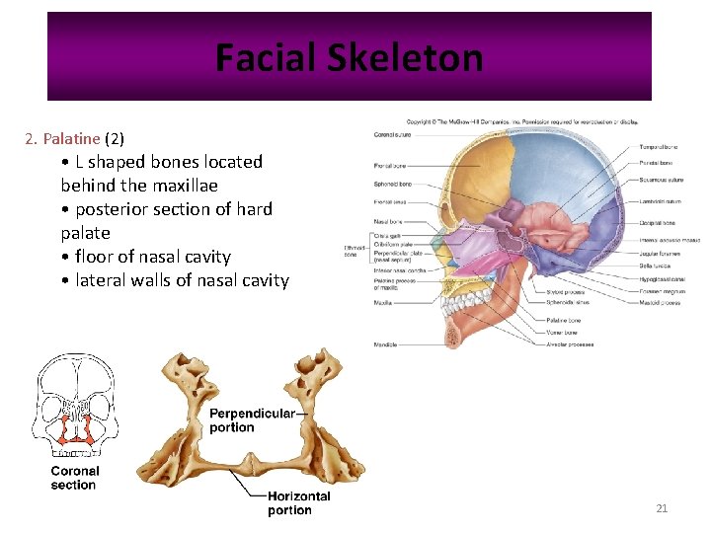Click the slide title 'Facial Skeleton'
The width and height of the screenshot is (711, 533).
[x=349, y=58]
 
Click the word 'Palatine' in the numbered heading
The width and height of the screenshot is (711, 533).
[x=71, y=138]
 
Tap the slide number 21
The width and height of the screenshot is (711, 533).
[x=662, y=508]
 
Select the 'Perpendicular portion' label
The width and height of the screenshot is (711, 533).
[x=252, y=420]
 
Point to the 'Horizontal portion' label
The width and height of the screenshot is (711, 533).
[x=298, y=503]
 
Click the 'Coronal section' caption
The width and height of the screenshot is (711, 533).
[x=75, y=478]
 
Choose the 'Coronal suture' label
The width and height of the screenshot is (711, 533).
[x=393, y=134]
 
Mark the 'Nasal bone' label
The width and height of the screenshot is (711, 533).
[x=388, y=222]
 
